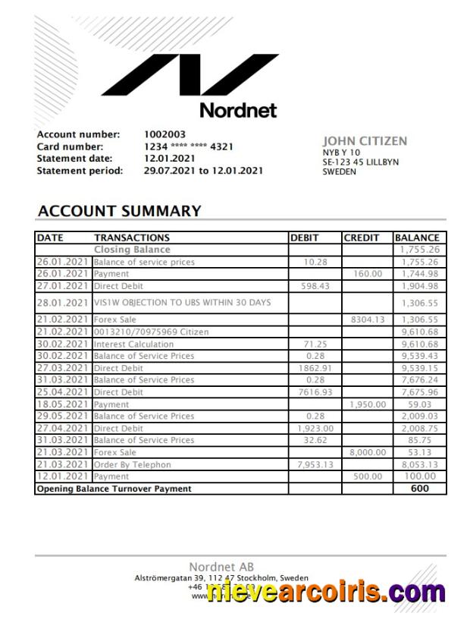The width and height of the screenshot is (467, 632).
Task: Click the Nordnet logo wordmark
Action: tap(238, 111)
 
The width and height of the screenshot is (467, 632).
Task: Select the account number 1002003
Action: tap(165, 135)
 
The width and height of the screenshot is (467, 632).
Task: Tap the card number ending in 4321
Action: tap(189, 146)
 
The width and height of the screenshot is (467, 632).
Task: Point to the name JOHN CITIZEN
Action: tap(365, 141)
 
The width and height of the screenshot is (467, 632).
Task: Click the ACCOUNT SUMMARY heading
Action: tap(119, 211)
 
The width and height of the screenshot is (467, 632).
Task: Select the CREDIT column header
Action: tap(362, 237)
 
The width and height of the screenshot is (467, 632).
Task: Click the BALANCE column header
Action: tap(416, 237)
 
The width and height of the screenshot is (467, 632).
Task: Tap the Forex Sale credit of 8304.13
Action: tap(368, 319)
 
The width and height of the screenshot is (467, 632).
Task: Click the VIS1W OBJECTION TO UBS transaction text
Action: tap(182, 303)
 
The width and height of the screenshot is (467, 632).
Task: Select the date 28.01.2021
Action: tap(62, 303)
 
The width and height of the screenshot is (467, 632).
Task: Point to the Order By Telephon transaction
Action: tap(132, 464)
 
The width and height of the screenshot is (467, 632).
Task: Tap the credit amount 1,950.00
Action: tap(367, 404)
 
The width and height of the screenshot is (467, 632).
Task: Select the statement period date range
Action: tap(203, 171)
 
